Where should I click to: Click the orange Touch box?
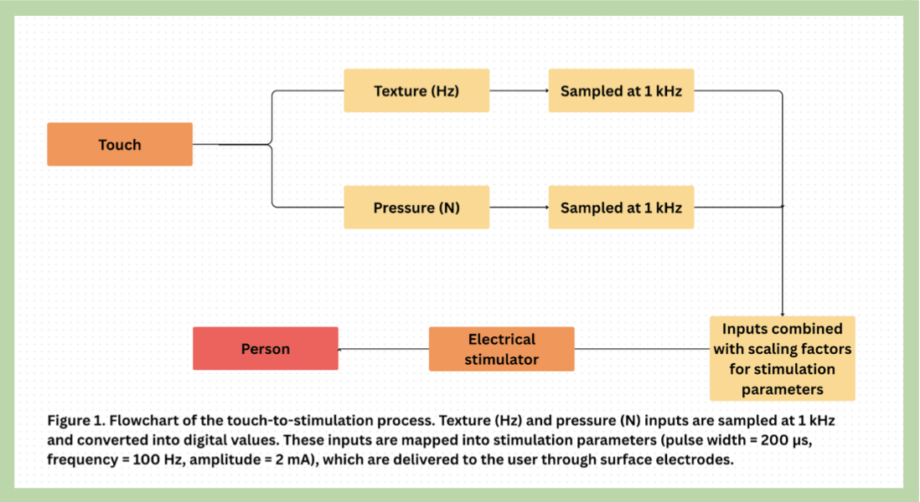[x=120, y=145]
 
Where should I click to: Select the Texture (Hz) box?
[x=416, y=90]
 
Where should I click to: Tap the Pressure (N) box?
[x=416, y=207]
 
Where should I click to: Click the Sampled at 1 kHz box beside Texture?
[x=621, y=90]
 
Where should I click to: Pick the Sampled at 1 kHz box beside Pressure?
[x=621, y=207]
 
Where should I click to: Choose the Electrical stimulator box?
[x=501, y=349]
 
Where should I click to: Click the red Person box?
[x=266, y=349]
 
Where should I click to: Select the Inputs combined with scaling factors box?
[x=782, y=358]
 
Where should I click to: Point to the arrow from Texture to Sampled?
[x=519, y=90]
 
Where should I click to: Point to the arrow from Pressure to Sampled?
[x=519, y=207]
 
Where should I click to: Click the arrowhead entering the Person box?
[x=341, y=349]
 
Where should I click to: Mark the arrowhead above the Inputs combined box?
[x=782, y=312]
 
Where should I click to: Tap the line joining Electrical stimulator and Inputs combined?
[x=642, y=349]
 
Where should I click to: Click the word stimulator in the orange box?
[x=501, y=360]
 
